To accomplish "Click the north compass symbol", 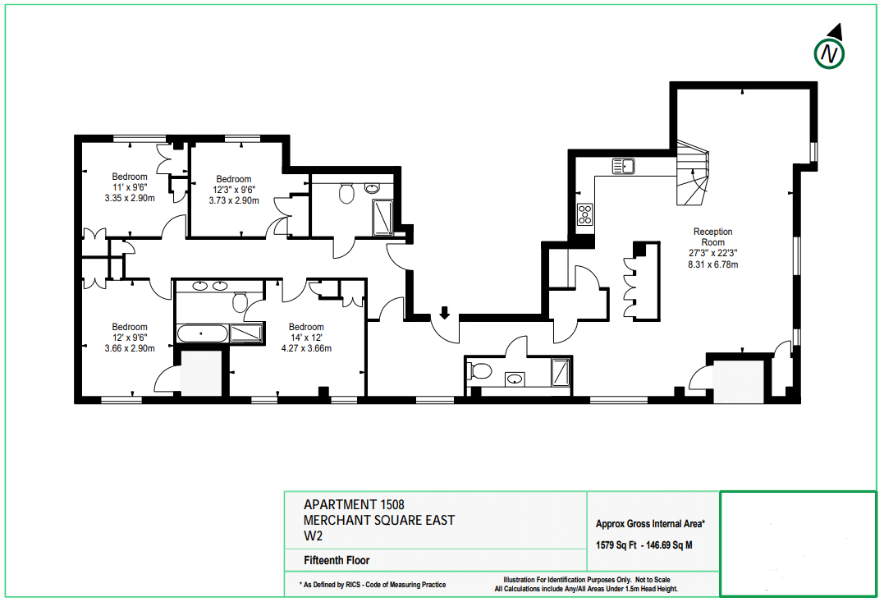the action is [829, 53].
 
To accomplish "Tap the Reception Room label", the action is [712, 237].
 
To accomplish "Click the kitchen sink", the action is [624, 166].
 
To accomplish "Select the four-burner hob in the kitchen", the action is [584, 214].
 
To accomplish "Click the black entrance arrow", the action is [444, 313].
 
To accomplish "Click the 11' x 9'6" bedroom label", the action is [130, 187].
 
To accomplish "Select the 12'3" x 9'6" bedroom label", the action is [234, 190].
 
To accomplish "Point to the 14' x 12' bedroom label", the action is [306, 338].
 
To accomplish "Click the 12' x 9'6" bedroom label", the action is [130, 338].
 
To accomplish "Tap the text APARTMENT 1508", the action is [354, 504].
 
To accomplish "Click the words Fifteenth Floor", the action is [337, 560].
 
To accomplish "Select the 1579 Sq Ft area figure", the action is [616, 545].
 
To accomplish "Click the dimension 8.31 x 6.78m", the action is [712, 264].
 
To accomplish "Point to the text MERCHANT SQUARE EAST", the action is [379, 520].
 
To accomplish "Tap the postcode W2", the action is [313, 536].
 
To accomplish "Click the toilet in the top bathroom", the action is [346, 193].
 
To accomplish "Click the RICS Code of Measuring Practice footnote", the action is [373, 585].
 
